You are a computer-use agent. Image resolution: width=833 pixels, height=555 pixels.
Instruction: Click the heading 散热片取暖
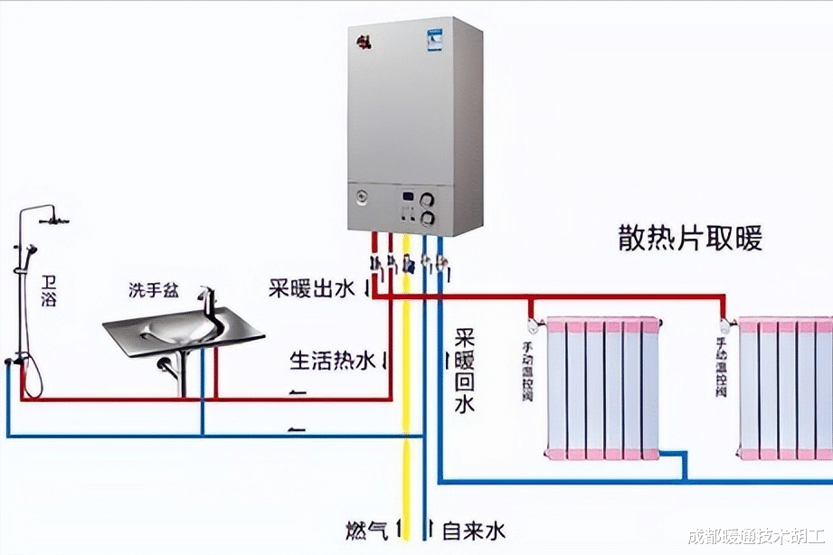click(x=690, y=239)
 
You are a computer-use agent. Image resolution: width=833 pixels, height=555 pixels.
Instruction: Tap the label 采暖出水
click(x=313, y=289)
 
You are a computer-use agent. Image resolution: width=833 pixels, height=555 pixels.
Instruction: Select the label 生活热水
click(x=332, y=362)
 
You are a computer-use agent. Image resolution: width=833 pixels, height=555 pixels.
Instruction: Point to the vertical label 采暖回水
click(x=464, y=370)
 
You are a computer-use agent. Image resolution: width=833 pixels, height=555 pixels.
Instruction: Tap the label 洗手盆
click(x=153, y=290)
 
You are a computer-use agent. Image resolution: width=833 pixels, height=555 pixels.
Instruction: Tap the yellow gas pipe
click(x=407, y=407)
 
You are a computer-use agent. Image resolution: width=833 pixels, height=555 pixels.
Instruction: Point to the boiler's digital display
click(x=409, y=199)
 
